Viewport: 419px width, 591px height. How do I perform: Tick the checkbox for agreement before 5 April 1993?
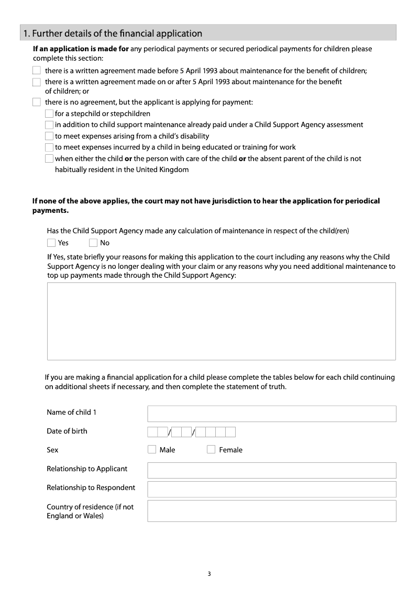(x=36, y=71)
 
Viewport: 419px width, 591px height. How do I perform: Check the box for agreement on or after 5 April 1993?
(x=36, y=82)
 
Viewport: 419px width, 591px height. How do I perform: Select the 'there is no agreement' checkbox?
(x=36, y=102)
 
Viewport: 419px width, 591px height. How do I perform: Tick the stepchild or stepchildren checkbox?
(x=49, y=113)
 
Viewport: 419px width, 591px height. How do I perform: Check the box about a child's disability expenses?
(x=49, y=136)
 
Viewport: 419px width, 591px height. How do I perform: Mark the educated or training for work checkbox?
(x=49, y=147)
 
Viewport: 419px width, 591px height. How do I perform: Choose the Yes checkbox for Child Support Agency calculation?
(x=51, y=243)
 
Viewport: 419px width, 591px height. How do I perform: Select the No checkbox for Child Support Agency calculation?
(x=93, y=243)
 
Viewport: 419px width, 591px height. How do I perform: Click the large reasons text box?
(x=221, y=321)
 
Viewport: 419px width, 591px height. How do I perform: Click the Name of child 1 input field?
(x=271, y=413)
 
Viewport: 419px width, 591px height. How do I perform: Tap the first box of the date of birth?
(x=152, y=432)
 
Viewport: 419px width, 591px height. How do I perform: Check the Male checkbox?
(x=152, y=449)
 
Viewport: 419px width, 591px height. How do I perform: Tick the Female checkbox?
(x=211, y=449)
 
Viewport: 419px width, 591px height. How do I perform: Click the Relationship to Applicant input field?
(x=271, y=470)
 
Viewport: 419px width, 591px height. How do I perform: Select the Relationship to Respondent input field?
(x=271, y=489)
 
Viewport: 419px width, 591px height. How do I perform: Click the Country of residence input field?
(x=271, y=511)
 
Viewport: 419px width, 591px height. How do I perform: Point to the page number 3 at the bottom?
(x=209, y=574)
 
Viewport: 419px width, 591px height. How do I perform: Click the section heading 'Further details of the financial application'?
(x=112, y=33)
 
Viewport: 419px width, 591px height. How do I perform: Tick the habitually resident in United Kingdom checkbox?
(x=49, y=158)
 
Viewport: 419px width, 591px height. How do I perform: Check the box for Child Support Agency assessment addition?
(x=49, y=124)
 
